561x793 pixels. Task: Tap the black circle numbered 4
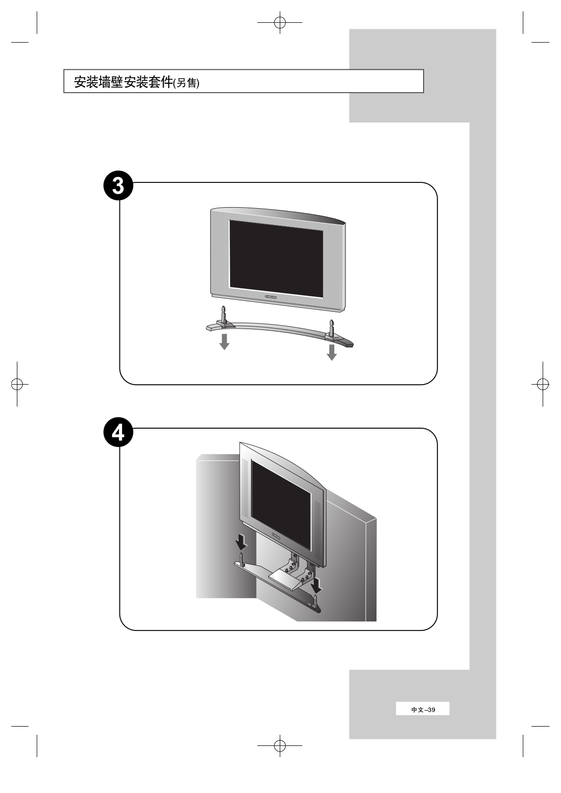(x=118, y=433)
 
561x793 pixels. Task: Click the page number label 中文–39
(x=423, y=709)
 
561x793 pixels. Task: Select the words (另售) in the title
(x=186, y=83)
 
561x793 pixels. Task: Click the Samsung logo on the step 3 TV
(x=270, y=296)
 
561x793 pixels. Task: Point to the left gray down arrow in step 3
(x=224, y=341)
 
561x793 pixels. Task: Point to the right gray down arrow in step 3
(x=332, y=352)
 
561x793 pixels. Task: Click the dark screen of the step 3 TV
(x=276, y=259)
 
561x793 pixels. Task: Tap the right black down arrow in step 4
(x=316, y=584)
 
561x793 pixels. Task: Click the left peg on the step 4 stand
(x=242, y=558)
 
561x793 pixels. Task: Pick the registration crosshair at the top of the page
(x=280, y=22)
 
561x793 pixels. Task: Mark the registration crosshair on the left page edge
(x=17, y=384)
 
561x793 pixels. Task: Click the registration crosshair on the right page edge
(x=543, y=384)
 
